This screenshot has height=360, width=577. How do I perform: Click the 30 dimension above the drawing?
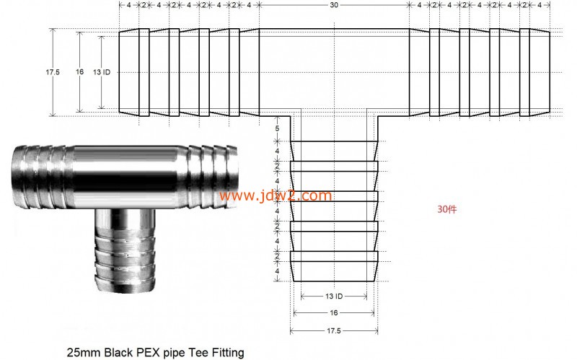(x=333, y=5)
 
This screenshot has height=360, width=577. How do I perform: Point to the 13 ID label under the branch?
(x=334, y=297)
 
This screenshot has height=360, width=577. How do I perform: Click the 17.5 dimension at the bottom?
(x=334, y=330)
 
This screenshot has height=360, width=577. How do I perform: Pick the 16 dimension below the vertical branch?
(x=334, y=313)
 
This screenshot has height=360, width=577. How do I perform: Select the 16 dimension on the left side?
(x=79, y=72)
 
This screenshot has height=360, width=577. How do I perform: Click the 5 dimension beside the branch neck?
(x=277, y=128)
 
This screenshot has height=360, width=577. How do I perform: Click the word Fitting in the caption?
(x=225, y=353)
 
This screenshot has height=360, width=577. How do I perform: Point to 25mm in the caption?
(x=83, y=353)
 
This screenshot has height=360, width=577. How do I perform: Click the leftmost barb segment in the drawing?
(x=134, y=72)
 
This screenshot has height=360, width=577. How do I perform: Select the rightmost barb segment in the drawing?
(x=534, y=72)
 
